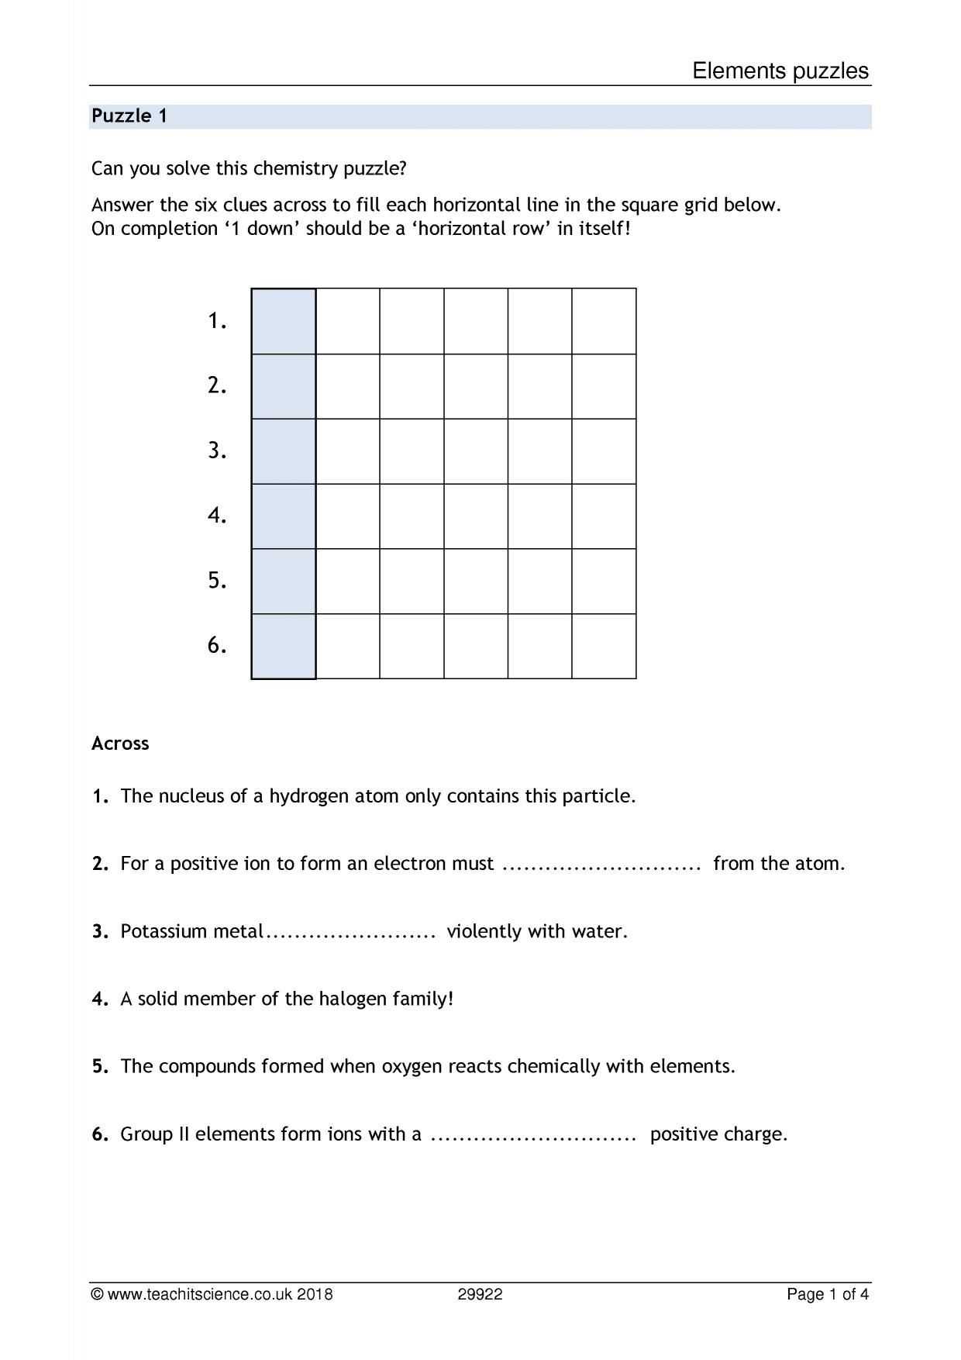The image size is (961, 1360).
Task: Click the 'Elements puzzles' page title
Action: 780,71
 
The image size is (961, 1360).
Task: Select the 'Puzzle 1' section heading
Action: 129,116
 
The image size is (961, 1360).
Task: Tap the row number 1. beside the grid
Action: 217,321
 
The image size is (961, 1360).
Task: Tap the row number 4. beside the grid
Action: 217,516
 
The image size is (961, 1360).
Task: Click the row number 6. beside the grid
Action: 217,645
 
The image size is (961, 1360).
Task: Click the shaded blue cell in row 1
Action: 284,321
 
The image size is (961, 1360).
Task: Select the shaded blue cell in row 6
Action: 284,646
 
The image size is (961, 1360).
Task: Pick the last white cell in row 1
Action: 604,321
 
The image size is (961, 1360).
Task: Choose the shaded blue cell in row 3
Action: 284,451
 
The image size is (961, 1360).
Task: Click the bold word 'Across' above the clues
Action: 120,744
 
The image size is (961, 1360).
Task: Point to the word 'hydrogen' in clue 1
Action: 308,797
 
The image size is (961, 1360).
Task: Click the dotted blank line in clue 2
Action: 601,865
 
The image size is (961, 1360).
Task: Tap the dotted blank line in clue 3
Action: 352,933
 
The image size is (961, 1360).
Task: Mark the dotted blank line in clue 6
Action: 533,1135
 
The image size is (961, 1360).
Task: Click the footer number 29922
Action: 480,1294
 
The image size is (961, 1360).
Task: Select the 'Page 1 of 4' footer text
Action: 828,1294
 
